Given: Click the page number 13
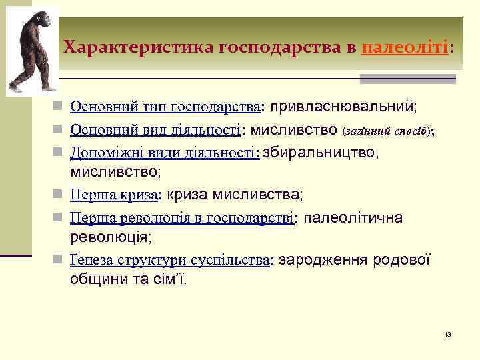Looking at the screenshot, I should coord(447,333).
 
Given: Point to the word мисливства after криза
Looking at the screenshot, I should coord(256,195).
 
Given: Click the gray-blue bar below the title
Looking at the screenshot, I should coord(407,79).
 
